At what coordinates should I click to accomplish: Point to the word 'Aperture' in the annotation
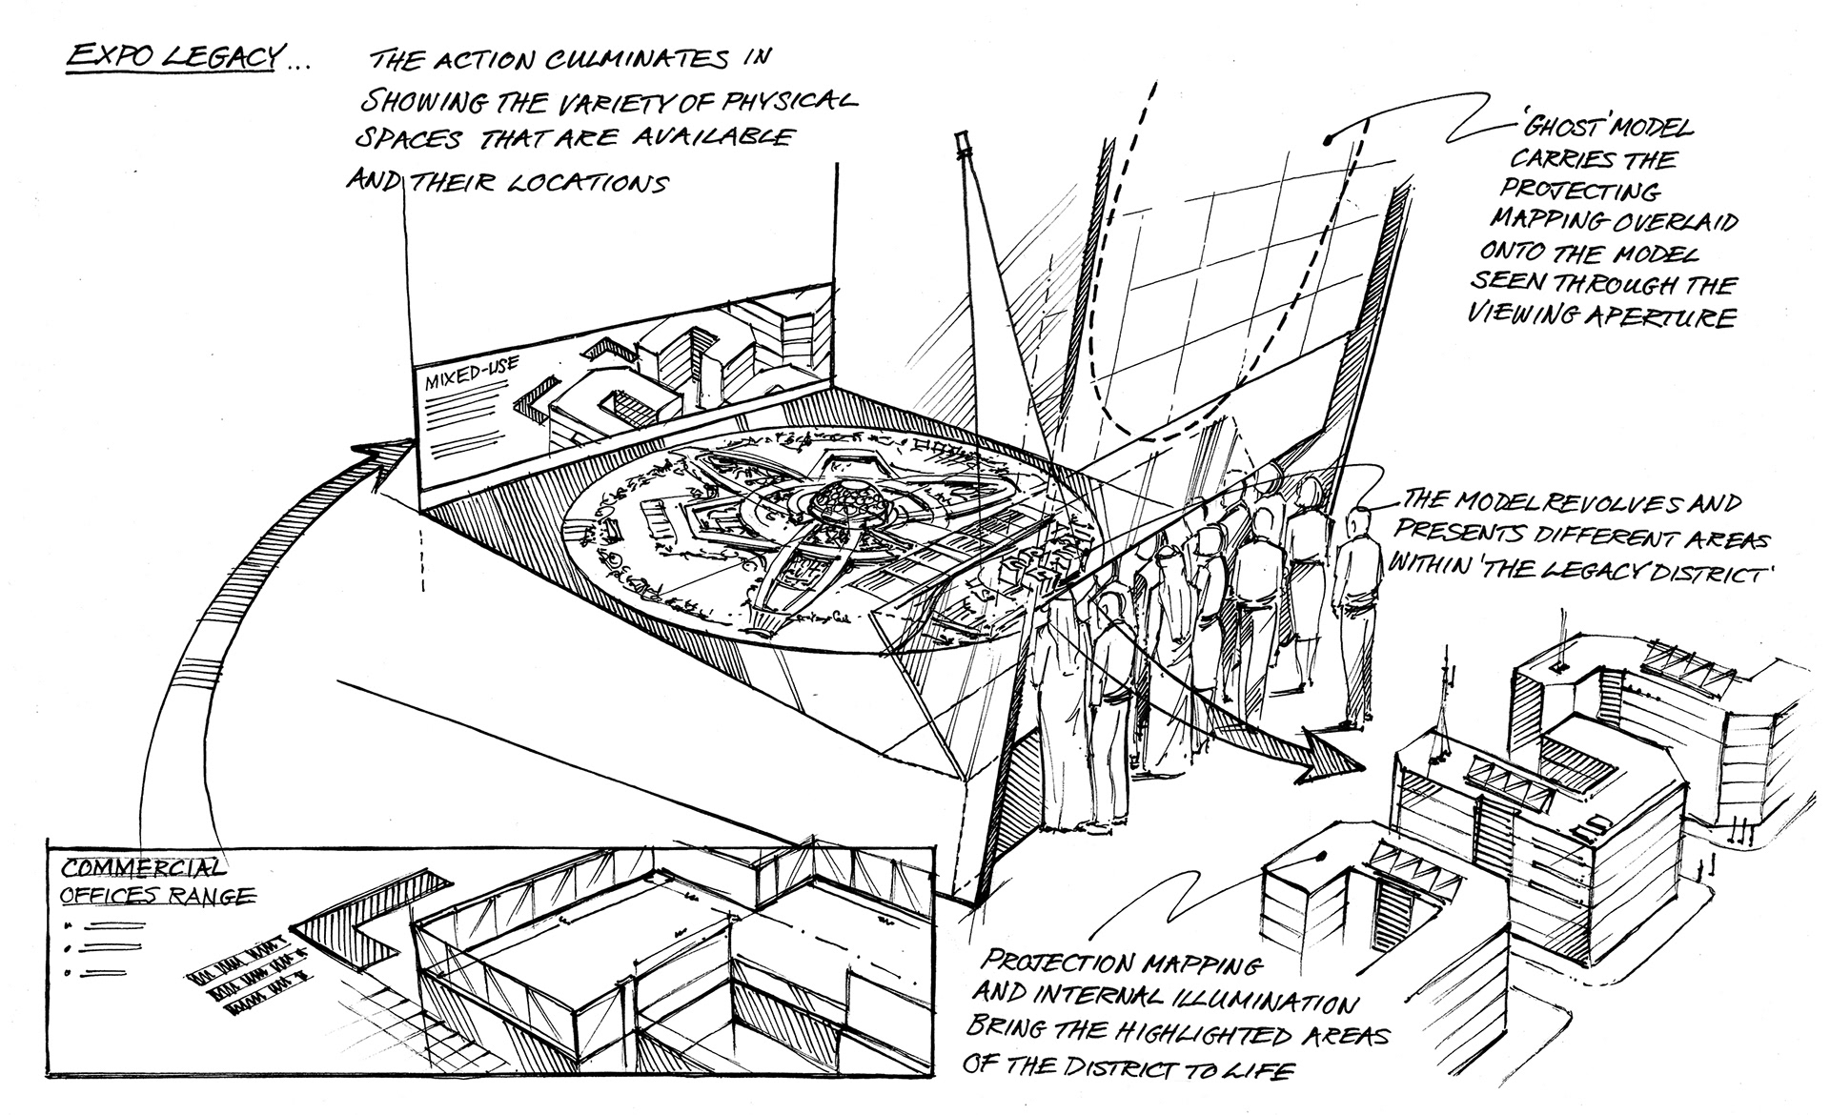[x=1674, y=316]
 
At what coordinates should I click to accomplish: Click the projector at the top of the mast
[x=963, y=143]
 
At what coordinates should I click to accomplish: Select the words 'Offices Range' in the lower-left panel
[x=157, y=896]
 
